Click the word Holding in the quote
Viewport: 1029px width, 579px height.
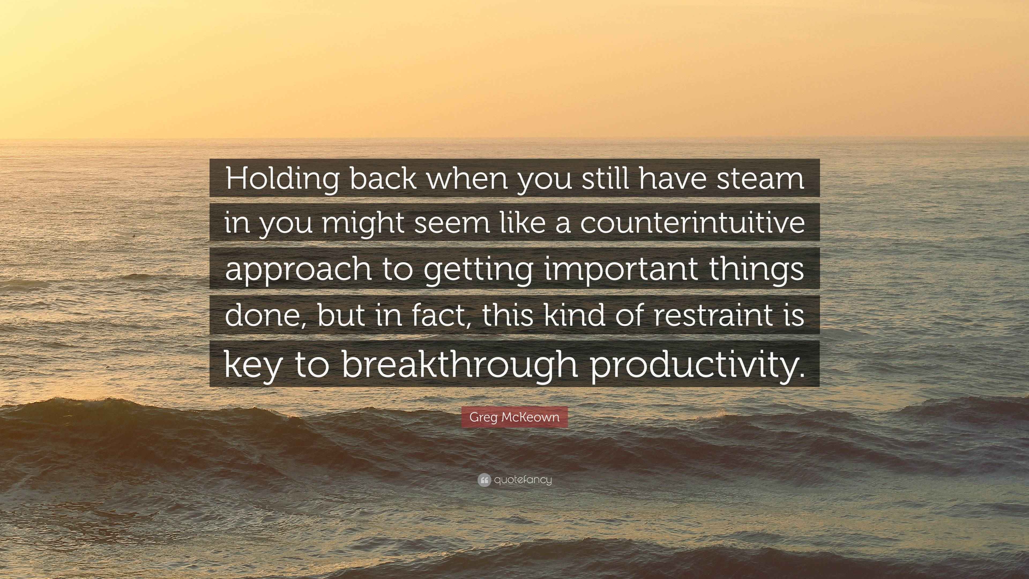pyautogui.click(x=282, y=179)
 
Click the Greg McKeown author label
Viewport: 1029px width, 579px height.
pyautogui.click(x=514, y=417)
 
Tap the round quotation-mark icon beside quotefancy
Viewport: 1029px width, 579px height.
pyautogui.click(x=484, y=480)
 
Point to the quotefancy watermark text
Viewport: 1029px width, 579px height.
pyautogui.click(x=523, y=480)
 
